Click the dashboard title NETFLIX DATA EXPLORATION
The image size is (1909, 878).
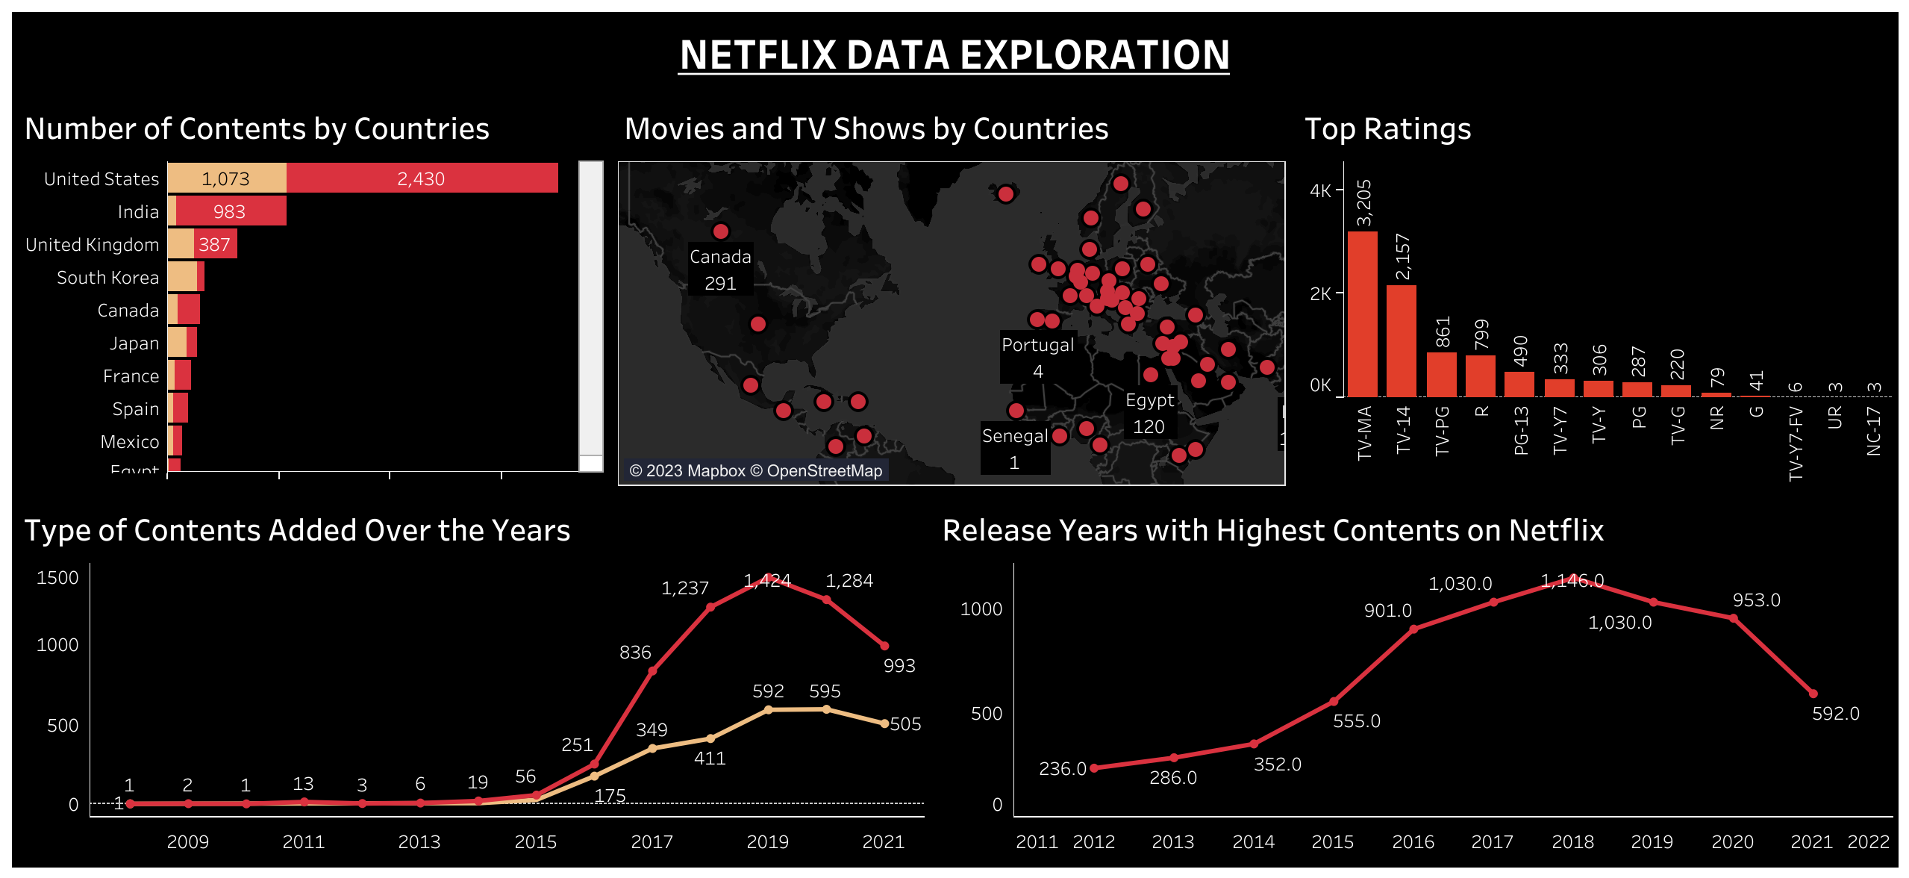[954, 55]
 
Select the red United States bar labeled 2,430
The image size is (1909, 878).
[422, 178]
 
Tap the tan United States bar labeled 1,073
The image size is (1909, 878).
[226, 178]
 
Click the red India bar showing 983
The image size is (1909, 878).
[231, 211]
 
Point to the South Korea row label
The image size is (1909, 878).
[107, 278]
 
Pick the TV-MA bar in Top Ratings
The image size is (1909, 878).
[1362, 314]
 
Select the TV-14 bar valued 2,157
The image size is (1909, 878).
[1401, 340]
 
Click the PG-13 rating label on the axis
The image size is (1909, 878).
[1520, 431]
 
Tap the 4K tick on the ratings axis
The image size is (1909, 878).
[1320, 190]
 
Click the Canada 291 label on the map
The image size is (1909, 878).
[720, 270]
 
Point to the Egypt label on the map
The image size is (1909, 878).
[1149, 401]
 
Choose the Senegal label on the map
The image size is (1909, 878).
[1014, 436]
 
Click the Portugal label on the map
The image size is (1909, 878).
[1037, 345]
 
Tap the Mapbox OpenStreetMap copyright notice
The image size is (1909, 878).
[755, 471]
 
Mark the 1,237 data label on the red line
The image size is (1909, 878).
[684, 588]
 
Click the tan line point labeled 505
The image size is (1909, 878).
[884, 723]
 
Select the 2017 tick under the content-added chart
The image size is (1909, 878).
[652, 842]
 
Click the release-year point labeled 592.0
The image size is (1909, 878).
[1813, 694]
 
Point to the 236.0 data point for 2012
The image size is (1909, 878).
[1094, 768]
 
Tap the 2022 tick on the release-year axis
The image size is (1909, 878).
[1868, 842]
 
